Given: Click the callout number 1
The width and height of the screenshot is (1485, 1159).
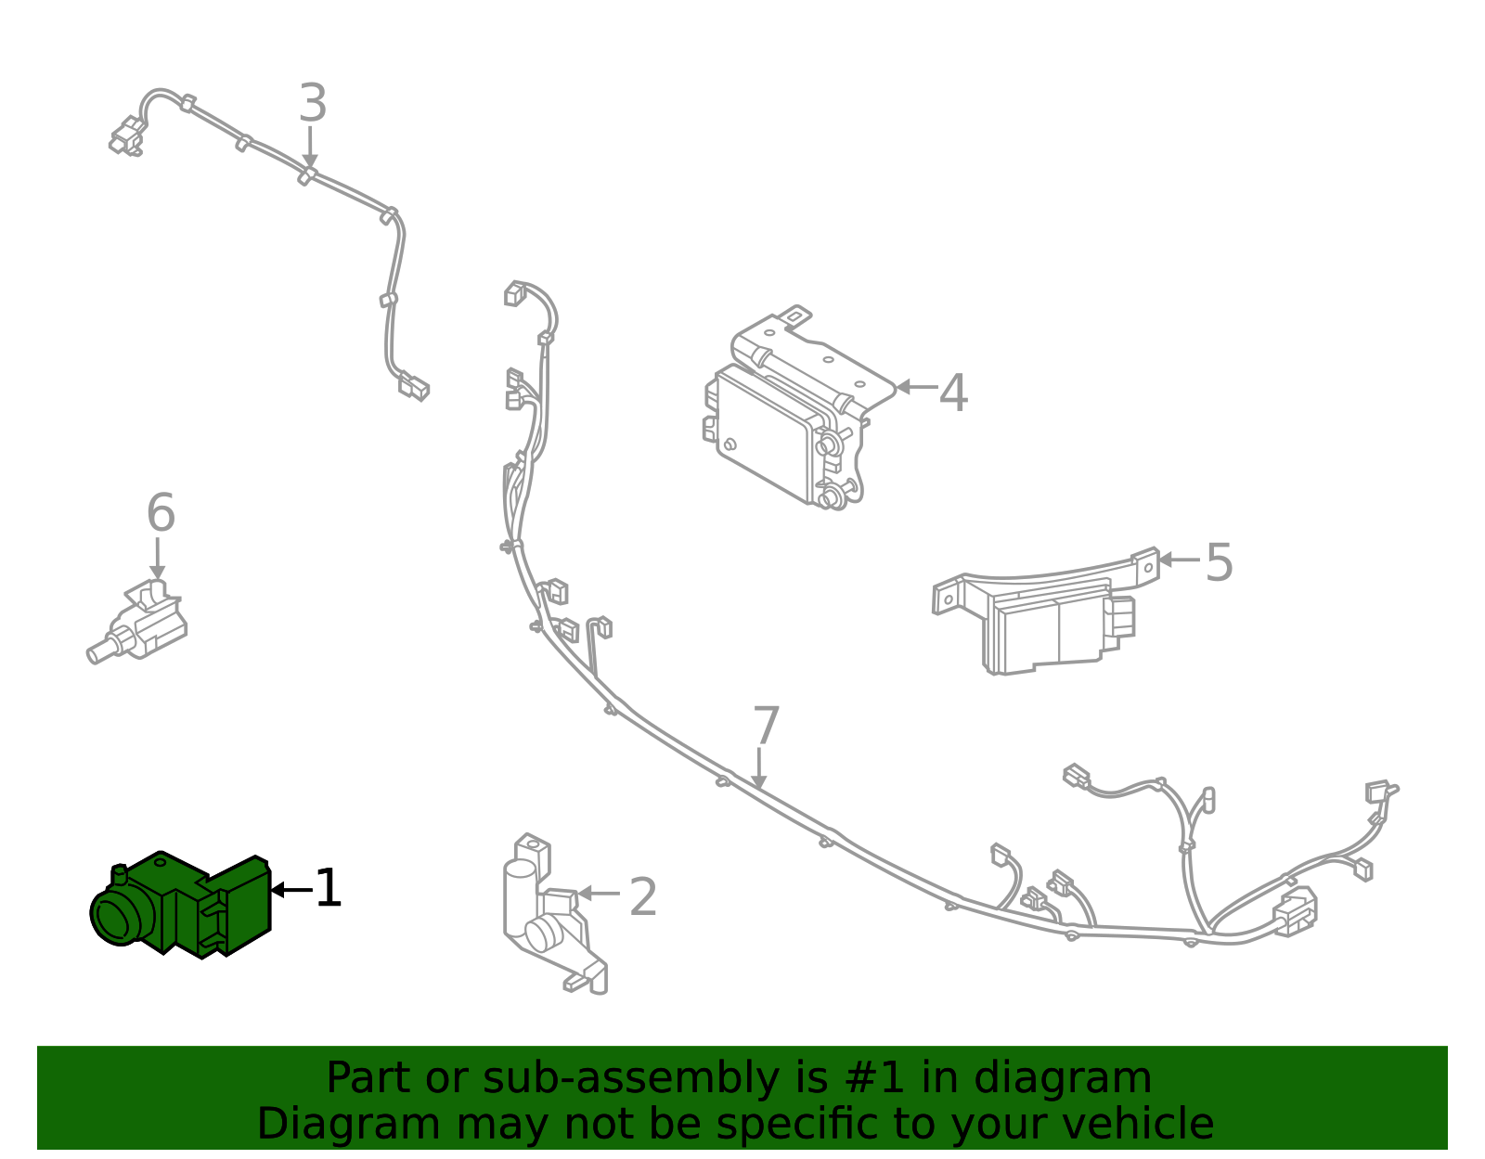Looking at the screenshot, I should click(329, 889).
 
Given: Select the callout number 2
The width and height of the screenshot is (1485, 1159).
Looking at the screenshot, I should click(643, 897).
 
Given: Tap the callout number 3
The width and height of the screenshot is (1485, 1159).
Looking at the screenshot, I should click(313, 104).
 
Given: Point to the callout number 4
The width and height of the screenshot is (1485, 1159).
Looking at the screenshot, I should click(953, 393).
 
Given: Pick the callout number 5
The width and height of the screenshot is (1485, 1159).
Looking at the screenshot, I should click(1219, 563).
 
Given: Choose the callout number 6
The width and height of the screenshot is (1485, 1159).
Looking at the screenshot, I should click(161, 513).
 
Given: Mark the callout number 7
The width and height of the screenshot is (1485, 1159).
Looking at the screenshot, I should click(766, 727).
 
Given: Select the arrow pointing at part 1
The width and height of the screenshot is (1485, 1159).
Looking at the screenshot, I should click(291, 890).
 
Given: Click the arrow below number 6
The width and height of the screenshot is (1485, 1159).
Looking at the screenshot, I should click(158, 560).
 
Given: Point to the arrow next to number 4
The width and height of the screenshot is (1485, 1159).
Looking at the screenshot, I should click(915, 387).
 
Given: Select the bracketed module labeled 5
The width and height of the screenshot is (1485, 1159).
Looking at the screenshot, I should click(1049, 617).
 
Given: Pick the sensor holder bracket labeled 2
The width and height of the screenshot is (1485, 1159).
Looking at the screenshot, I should click(552, 919).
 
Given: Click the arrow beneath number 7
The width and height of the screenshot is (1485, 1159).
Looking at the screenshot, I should click(759, 770).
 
